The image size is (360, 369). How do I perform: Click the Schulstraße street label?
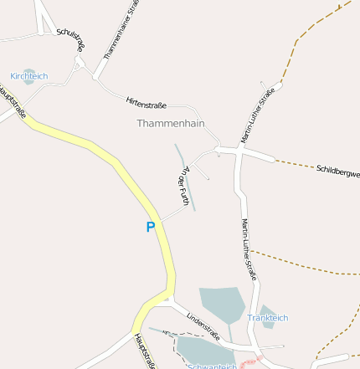[70, 39]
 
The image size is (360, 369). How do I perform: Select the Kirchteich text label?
[28, 76]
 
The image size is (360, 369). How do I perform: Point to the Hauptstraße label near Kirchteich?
[13, 101]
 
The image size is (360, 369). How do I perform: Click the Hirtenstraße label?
[146, 104]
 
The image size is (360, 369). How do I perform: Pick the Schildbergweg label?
[338, 172]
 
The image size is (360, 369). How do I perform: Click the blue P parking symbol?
[151, 227]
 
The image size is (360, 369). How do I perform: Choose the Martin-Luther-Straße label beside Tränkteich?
[249, 249]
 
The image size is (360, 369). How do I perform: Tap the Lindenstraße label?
[203, 325]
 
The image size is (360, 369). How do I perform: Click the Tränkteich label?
[267, 318]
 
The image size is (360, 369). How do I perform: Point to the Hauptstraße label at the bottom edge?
[144, 351]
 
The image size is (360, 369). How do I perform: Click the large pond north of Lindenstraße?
[221, 302]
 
